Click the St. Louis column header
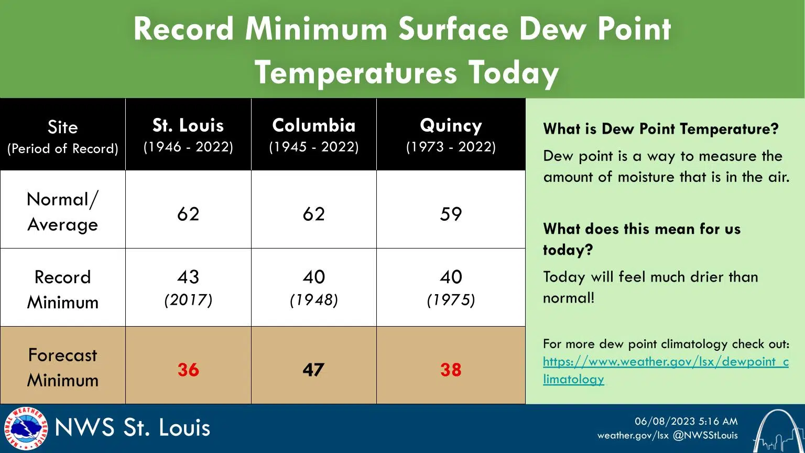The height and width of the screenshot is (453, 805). click(x=188, y=126)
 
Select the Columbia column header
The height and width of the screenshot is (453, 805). click(x=313, y=126)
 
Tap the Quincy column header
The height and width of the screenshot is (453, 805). click(x=451, y=126)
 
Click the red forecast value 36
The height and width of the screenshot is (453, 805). click(x=188, y=370)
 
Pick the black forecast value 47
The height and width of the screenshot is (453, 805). click(x=313, y=370)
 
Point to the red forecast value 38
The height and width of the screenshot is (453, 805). click(x=451, y=370)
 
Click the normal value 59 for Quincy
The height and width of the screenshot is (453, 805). click(x=451, y=214)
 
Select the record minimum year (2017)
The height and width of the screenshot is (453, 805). click(x=188, y=300)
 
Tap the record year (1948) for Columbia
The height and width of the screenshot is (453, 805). click(x=313, y=300)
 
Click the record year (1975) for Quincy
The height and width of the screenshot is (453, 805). click(x=451, y=300)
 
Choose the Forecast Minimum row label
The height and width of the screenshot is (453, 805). click(x=63, y=367)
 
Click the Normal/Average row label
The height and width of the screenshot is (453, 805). click(x=63, y=212)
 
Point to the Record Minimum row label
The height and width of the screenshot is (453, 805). click(x=63, y=289)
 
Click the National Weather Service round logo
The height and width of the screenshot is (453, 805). click(x=26, y=428)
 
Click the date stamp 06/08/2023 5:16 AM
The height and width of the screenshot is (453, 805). click(x=686, y=421)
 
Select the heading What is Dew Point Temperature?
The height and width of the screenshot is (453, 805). click(x=661, y=129)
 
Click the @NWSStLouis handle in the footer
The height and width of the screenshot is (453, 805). click(x=705, y=435)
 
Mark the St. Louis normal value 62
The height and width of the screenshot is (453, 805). click(x=188, y=214)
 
